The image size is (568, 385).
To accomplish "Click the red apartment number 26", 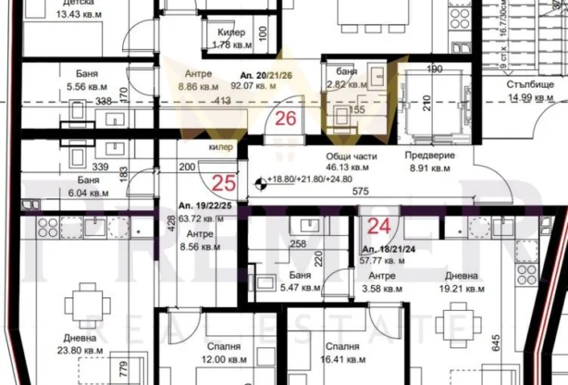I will click(x=286, y=118).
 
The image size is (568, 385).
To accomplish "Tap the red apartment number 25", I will click(x=224, y=181).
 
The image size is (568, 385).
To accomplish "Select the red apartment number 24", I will click(x=377, y=226).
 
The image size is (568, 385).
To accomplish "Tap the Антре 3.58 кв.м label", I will click(x=382, y=282).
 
